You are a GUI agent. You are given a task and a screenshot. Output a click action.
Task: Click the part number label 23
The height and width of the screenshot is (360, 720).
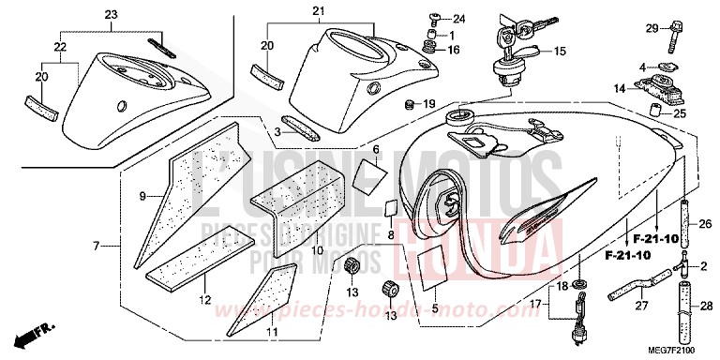point(112,14)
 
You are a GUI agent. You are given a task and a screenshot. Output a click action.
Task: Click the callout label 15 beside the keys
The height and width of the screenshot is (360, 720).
point(561,51)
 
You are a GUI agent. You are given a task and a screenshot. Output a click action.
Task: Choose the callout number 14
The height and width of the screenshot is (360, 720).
point(619,88)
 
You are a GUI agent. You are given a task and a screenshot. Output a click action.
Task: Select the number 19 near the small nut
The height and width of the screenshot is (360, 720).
point(430,103)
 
